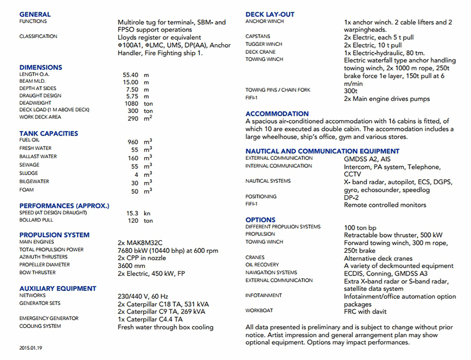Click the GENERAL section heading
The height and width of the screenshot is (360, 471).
(x=35, y=14)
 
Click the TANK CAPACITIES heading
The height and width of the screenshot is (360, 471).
(x=49, y=133)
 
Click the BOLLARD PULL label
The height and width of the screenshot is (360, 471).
(x=36, y=220)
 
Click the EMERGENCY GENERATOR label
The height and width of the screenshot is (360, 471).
(x=49, y=319)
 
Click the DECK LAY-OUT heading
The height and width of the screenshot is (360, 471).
(x=270, y=14)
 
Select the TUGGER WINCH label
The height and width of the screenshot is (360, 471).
(x=264, y=44)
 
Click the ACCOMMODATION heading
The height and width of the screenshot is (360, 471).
(x=277, y=114)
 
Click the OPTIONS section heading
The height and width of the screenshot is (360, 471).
(x=260, y=219)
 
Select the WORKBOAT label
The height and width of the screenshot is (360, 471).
(x=259, y=311)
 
